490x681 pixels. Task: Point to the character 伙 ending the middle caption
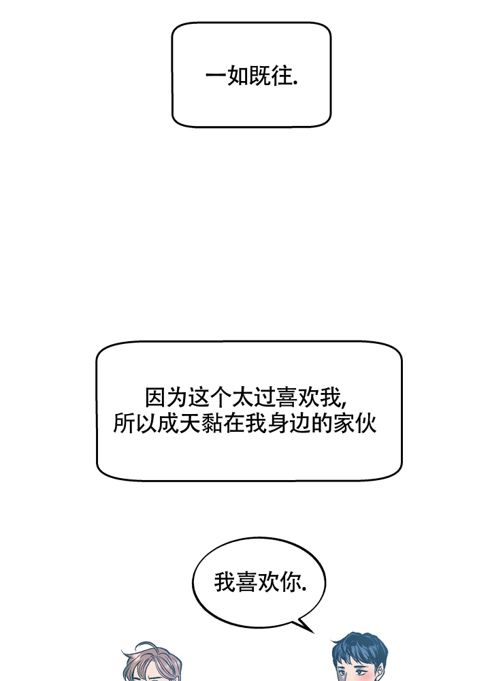pyautogui.click(x=366, y=423)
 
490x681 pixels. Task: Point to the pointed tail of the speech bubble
pyautogui.click(x=313, y=633)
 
